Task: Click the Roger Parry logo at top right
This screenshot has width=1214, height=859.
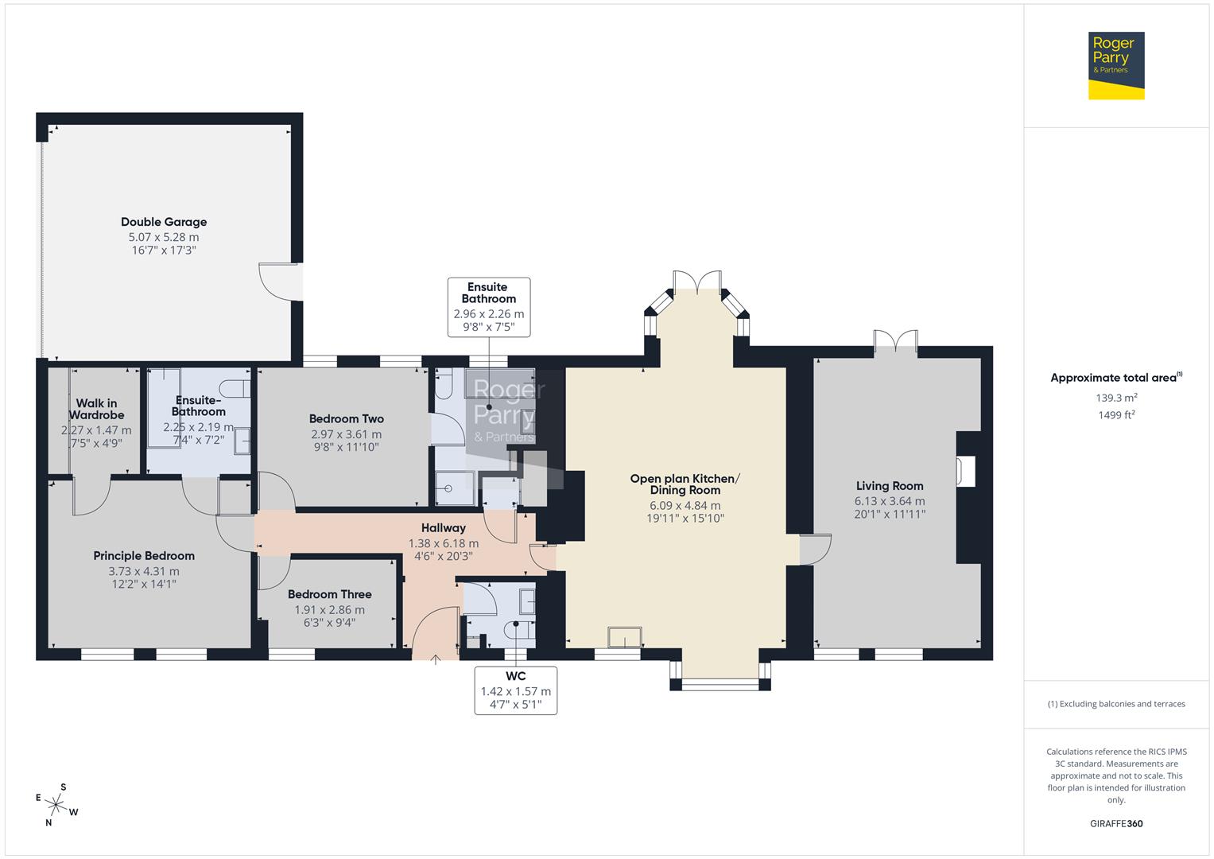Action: click(1115, 65)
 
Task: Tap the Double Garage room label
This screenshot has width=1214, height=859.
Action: click(164, 223)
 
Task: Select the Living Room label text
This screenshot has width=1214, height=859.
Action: click(890, 486)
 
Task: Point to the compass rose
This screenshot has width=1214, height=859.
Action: click(56, 804)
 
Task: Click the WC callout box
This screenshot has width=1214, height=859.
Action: click(515, 690)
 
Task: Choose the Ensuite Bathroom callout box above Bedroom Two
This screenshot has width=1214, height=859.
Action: click(488, 307)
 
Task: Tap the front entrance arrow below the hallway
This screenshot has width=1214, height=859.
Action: click(436, 659)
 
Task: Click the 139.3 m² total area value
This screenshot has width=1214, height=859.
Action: click(1115, 398)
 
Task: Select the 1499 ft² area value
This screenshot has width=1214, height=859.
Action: click(1115, 415)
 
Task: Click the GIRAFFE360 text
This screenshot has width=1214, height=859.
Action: click(1115, 823)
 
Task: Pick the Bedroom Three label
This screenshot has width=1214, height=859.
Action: click(329, 594)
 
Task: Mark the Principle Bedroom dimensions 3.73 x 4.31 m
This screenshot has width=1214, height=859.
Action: click(144, 571)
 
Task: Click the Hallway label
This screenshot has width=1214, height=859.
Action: click(443, 528)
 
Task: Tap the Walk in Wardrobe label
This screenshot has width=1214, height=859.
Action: click(96, 409)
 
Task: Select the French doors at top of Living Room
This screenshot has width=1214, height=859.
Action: click(896, 341)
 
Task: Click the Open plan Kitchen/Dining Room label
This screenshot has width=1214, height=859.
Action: click(685, 484)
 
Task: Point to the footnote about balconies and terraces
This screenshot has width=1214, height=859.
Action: click(1115, 704)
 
